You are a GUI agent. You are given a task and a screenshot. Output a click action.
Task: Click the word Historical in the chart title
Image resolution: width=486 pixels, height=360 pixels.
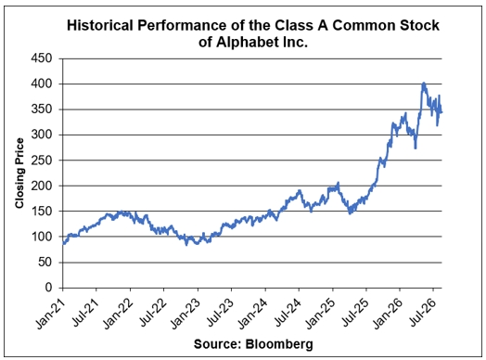coord(100,25)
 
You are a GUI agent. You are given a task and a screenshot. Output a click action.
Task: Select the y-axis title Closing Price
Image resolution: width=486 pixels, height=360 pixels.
coord(19,174)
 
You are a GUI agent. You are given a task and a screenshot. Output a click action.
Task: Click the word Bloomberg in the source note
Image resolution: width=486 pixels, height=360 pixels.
coord(279,344)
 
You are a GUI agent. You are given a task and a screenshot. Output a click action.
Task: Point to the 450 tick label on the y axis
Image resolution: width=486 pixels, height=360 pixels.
coord(42,58)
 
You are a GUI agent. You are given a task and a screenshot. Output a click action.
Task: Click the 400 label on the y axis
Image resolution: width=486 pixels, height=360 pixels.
coord(42,84)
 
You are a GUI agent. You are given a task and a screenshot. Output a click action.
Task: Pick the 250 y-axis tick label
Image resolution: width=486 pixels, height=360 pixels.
coord(42,160)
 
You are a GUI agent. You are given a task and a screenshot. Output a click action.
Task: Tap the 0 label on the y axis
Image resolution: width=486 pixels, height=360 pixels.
coord(48,288)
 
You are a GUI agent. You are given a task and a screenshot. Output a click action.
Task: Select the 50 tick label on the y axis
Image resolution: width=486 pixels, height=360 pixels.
coord(45,262)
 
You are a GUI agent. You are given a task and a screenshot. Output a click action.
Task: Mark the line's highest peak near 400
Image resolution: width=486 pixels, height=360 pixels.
coord(423,84)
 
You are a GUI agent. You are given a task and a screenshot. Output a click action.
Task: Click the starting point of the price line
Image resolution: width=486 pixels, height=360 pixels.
coord(63,244)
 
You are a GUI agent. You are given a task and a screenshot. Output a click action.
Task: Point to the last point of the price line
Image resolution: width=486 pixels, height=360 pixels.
coord(441,112)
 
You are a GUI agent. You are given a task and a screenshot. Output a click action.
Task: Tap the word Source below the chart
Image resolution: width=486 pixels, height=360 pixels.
coord(217,344)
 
